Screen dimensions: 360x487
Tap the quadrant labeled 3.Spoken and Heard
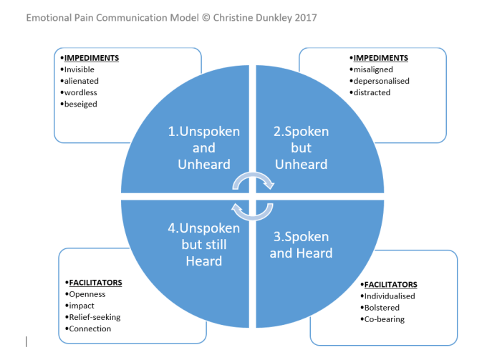click(301, 245)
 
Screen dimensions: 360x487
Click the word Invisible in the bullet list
click(81, 69)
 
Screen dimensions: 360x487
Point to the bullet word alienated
click(82, 81)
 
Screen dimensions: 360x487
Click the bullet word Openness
click(87, 294)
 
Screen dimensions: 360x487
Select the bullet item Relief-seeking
click(95, 317)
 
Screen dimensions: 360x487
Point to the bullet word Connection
click(90, 329)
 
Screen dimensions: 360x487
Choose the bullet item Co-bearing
click(385, 319)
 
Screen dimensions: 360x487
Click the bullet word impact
click(82, 306)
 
